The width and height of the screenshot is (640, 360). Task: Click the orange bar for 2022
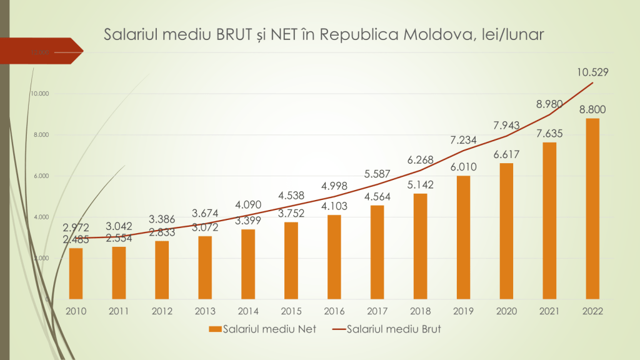592,208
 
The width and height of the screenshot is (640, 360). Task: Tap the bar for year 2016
334,257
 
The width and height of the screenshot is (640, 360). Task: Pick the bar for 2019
463,237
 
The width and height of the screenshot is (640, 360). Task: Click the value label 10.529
592,72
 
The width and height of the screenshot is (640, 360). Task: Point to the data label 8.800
592,110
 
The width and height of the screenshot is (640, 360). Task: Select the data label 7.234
463,140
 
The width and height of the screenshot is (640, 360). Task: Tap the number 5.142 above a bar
420,185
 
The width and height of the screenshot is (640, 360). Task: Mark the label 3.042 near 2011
119,226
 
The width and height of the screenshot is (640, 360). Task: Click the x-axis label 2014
247,311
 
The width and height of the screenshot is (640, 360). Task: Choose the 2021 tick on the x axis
549,311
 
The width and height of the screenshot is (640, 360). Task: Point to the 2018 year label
420,311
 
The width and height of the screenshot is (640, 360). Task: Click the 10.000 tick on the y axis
39,94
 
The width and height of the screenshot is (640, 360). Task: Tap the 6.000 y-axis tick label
41,176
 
